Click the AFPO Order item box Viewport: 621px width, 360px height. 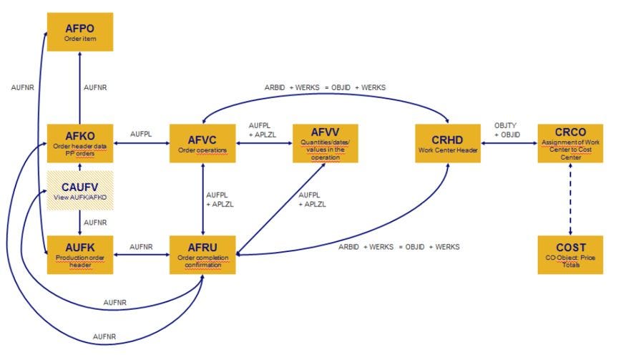(x=79, y=31)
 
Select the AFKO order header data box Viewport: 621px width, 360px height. (x=79, y=143)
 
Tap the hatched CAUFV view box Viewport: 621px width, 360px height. (x=79, y=191)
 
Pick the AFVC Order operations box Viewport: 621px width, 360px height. (x=202, y=143)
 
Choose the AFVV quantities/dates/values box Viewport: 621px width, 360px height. (x=325, y=143)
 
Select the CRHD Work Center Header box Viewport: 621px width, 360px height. (x=448, y=143)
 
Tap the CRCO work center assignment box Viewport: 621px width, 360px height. (x=570, y=143)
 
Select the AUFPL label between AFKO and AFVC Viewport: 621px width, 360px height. (x=141, y=134)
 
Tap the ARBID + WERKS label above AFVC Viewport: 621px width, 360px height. (x=325, y=87)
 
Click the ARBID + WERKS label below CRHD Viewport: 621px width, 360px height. (x=399, y=247)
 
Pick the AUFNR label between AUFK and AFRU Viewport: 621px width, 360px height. (x=141, y=246)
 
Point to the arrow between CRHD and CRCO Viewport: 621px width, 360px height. (x=509, y=143)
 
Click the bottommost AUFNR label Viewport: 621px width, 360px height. (x=104, y=336)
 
